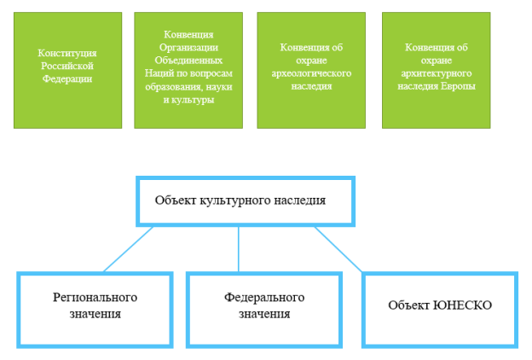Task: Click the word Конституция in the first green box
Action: [67, 53]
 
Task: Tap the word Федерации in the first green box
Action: [67, 79]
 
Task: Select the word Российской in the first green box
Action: [67, 66]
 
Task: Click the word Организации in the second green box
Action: [188, 48]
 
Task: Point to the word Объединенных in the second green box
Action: [188, 61]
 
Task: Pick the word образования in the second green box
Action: [170, 87]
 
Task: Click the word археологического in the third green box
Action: [311, 73]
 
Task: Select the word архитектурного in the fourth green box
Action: [437, 73]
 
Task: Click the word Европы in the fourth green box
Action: [458, 86]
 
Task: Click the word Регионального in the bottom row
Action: [95, 298]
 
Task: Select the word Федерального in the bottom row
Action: [264, 298]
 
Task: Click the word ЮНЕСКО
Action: [462, 305]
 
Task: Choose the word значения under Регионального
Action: [95, 314]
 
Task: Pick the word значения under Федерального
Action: [264, 314]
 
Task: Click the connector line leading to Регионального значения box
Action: [128, 249]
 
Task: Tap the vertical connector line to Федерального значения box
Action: [239, 249]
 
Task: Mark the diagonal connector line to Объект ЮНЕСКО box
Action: [338, 249]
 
